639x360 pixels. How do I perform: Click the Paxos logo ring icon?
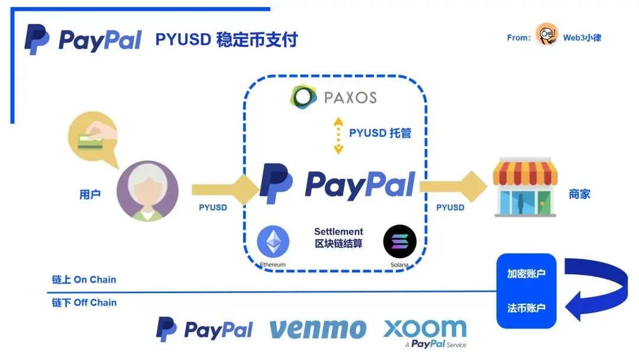point(303,97)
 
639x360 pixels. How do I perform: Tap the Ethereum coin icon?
point(273,242)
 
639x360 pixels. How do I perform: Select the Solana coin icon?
point(400,242)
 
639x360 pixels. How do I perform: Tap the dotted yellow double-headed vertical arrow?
point(338,136)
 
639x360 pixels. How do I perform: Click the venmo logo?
point(318,329)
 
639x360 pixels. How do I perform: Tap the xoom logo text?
point(424,328)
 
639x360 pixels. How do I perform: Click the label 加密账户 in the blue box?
point(526,275)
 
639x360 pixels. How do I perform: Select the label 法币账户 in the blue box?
point(526,308)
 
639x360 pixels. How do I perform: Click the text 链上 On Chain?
point(84,280)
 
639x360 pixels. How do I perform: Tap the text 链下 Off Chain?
point(84,303)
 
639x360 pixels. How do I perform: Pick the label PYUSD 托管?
point(380,133)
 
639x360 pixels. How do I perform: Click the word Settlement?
point(338,232)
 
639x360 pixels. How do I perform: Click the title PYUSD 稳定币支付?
point(227,40)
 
